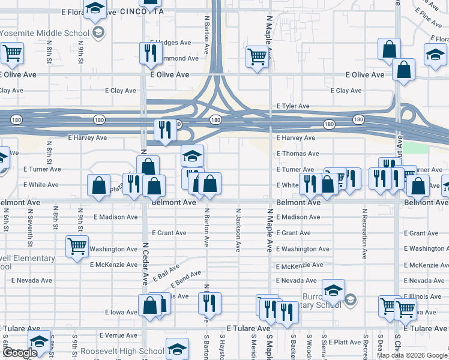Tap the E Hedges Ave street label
pyautogui.click(x=170, y=43)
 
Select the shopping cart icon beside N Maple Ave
pyautogui.click(x=257, y=58)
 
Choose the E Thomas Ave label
pyautogui.click(x=297, y=154)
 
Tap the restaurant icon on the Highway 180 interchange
pyautogui.click(x=164, y=130)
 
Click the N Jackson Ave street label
pyautogui.click(x=238, y=230)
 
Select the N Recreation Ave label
pyautogui.click(x=364, y=233)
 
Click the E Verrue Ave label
pyautogui.click(x=119, y=335)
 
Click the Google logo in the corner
pyautogui.click(x=19, y=352)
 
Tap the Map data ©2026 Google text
pyautogui.click(x=412, y=355)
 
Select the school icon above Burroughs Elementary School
pyautogui.click(x=333, y=291)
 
